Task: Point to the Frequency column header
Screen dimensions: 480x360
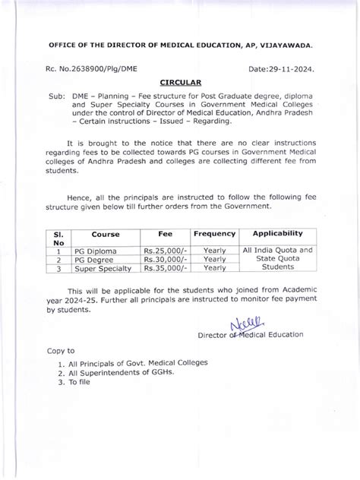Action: (215, 235)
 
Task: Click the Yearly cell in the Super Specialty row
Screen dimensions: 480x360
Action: (215, 267)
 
